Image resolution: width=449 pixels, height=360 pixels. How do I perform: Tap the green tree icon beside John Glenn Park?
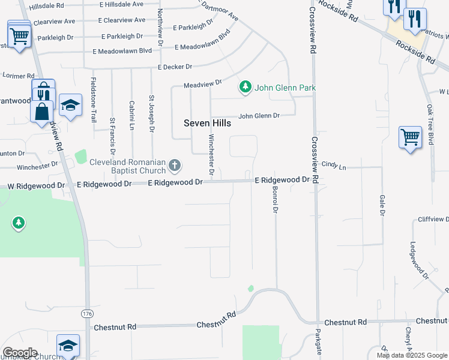(x=245, y=88)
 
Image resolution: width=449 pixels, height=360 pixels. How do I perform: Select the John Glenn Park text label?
(x=285, y=88)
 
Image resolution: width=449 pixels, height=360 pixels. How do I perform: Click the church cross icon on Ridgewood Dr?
(x=174, y=164)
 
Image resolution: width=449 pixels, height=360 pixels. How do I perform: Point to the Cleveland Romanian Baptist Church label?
(x=128, y=167)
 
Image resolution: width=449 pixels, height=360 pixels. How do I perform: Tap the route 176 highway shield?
(x=88, y=313)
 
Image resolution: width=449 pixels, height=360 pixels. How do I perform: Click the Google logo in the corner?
(x=20, y=353)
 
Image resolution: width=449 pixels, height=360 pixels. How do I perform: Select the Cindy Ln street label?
(x=334, y=164)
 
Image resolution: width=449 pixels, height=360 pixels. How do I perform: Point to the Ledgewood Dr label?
(x=419, y=261)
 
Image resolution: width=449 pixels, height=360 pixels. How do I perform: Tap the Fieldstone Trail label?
(x=94, y=100)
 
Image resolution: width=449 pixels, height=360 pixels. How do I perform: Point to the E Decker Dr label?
(x=175, y=67)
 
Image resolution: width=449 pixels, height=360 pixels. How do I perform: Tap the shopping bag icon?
(x=41, y=112)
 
